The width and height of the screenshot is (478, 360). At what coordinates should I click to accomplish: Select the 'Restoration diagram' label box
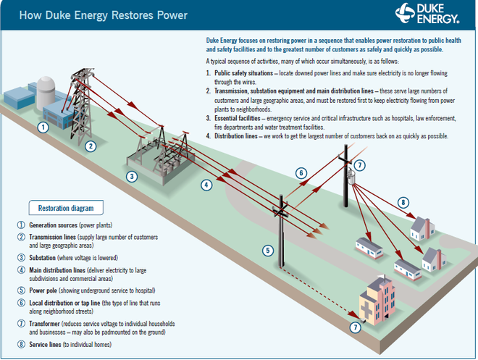pyautogui.click(x=67, y=207)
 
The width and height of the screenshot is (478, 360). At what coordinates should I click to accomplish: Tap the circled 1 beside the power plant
pyautogui.click(x=43, y=127)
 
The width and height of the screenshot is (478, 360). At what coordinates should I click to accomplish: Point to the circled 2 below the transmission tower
pyautogui.click(x=91, y=146)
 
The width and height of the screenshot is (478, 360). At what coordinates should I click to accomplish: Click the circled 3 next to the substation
pyautogui.click(x=131, y=176)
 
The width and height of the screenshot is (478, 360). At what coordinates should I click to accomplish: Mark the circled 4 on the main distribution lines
pyautogui.click(x=206, y=185)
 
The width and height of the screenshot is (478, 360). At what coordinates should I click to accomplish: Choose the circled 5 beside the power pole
pyautogui.click(x=267, y=251)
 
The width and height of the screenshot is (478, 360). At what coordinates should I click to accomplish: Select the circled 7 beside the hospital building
pyautogui.click(x=355, y=327)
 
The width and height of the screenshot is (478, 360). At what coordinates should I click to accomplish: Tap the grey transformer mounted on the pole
pyautogui.click(x=352, y=178)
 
